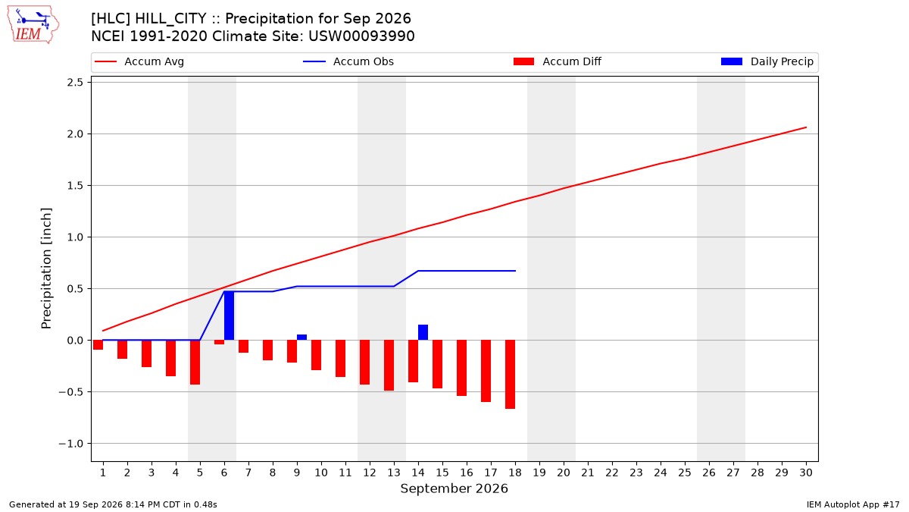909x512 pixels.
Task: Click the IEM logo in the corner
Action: [33, 25]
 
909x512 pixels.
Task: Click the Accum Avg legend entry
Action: [139, 61]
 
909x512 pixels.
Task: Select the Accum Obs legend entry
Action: [348, 61]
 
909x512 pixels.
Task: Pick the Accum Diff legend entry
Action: [558, 61]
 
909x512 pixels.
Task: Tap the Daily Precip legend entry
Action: [767, 61]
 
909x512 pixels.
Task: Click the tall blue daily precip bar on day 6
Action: [229, 316]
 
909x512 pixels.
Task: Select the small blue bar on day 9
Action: [302, 338]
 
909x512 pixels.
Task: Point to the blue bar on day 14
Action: [423, 332]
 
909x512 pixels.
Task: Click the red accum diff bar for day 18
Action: [510, 374]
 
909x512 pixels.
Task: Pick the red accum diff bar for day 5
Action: [195, 362]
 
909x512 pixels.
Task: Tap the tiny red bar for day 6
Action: [219, 342]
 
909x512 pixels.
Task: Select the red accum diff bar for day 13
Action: [389, 366]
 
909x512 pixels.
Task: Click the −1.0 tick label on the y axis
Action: [70, 443]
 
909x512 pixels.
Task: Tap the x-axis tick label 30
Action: [806, 473]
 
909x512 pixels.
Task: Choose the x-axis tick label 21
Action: [588, 473]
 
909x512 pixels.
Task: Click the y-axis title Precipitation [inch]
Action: [46, 269]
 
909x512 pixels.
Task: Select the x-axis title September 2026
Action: [454, 488]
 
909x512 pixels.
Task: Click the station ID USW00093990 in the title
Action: [361, 36]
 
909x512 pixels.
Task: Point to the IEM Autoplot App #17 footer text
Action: [853, 504]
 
